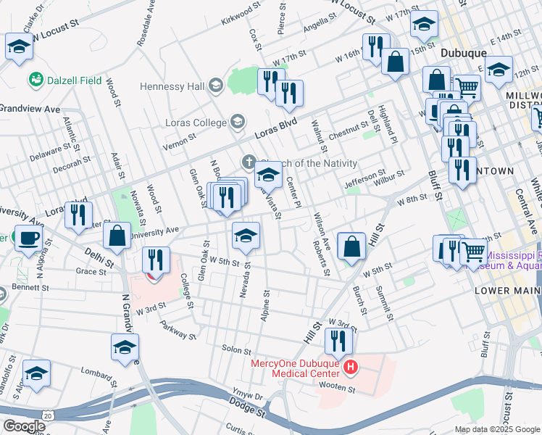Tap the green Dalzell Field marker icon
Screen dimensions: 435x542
(34, 78)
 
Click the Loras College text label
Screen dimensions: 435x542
(196, 123)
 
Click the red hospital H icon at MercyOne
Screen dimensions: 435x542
(351, 367)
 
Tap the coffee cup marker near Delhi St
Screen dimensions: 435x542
(29, 238)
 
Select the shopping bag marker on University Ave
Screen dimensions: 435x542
(117, 236)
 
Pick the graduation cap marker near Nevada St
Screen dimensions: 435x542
(246, 236)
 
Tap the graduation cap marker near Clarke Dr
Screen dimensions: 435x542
(19, 47)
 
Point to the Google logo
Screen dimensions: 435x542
(23, 426)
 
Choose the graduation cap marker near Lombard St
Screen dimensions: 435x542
(36, 373)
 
